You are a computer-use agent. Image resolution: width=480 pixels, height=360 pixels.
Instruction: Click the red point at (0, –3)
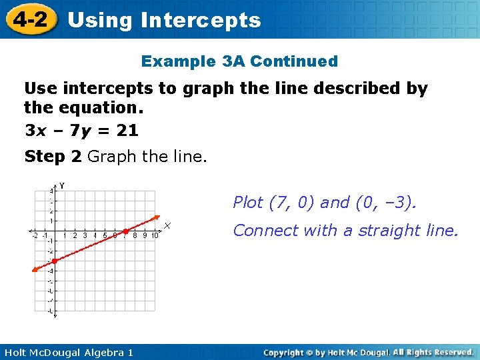pyautogui.click(x=55, y=261)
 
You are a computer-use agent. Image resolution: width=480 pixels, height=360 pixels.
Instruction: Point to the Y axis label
pyautogui.click(x=62, y=185)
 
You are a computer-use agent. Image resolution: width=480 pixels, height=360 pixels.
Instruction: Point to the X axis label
pyautogui.click(x=168, y=226)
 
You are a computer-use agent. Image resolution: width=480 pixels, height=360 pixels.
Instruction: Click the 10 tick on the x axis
pyautogui.click(x=154, y=235)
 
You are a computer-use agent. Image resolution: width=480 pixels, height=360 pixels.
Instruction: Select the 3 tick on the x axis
pyautogui.click(x=85, y=235)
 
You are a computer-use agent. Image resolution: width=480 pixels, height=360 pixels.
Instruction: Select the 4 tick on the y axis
pyautogui.click(x=51, y=191)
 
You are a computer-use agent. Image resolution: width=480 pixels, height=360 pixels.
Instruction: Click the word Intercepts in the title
pyautogui.click(x=201, y=20)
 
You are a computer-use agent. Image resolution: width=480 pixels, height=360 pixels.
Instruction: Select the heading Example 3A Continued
pyautogui.click(x=239, y=61)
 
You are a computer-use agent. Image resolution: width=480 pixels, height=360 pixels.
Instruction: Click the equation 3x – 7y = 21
pyautogui.click(x=81, y=131)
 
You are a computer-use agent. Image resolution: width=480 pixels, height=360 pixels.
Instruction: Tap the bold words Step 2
pyautogui.click(x=53, y=157)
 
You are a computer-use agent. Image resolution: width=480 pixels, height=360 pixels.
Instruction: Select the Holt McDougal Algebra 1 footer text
pyautogui.click(x=67, y=352)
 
